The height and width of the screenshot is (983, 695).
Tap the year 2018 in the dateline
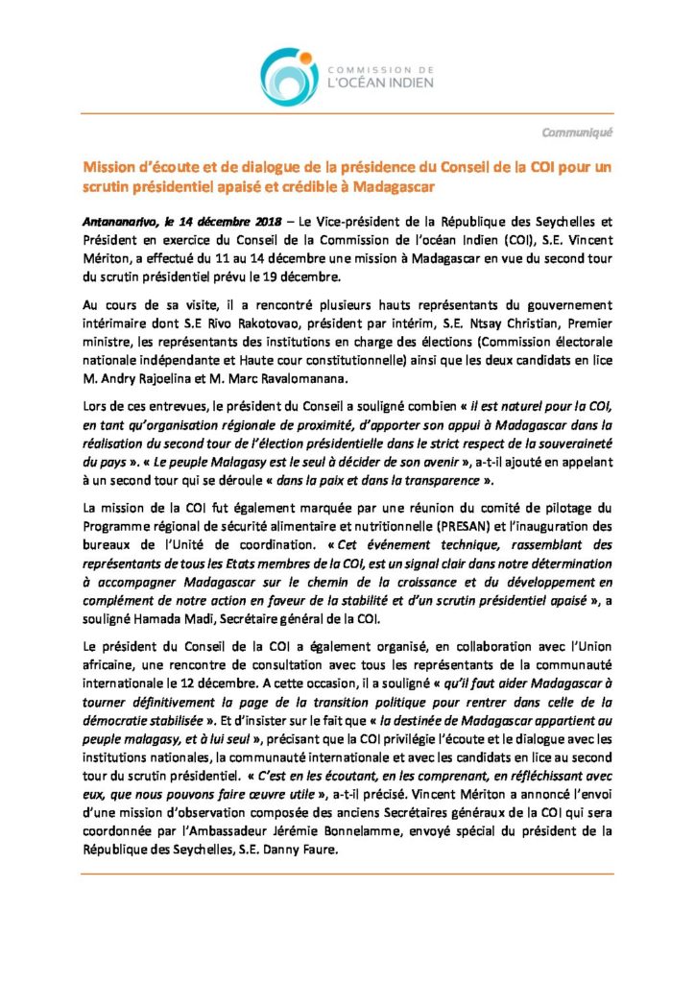tap(265, 222)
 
